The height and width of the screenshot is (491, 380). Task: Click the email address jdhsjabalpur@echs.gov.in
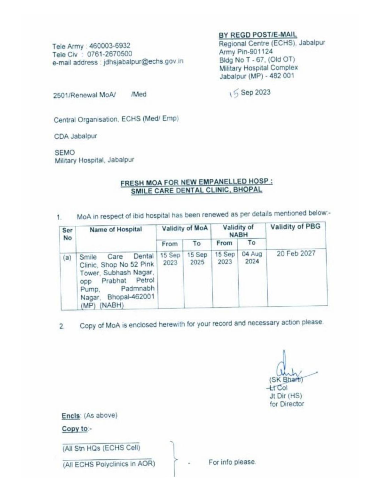pos(143,62)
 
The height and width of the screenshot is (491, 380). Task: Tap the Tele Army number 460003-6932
pos(110,46)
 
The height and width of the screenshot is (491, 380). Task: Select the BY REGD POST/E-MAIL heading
pos(258,35)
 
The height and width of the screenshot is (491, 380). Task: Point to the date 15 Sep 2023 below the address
pos(250,93)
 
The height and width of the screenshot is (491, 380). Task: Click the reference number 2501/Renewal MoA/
pos(84,95)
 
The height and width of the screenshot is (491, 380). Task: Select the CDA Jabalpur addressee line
pos(75,136)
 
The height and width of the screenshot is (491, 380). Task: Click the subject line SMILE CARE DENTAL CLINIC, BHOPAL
pos(197,190)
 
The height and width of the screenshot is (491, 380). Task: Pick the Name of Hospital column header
pos(116,229)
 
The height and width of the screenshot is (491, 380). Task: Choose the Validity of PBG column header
pos(295,227)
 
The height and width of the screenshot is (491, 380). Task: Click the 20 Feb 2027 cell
pos(296,253)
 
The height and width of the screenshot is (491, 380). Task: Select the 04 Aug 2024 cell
pos(252,258)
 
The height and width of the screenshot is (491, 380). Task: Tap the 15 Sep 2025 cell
pos(197,258)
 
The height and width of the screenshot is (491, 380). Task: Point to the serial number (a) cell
pos(67,257)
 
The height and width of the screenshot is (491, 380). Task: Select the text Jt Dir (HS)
pos(286,396)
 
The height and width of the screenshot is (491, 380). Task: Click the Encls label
pos(71,415)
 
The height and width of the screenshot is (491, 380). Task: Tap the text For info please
pos(232,462)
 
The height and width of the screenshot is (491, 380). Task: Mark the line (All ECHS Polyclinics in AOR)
pos(109,464)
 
